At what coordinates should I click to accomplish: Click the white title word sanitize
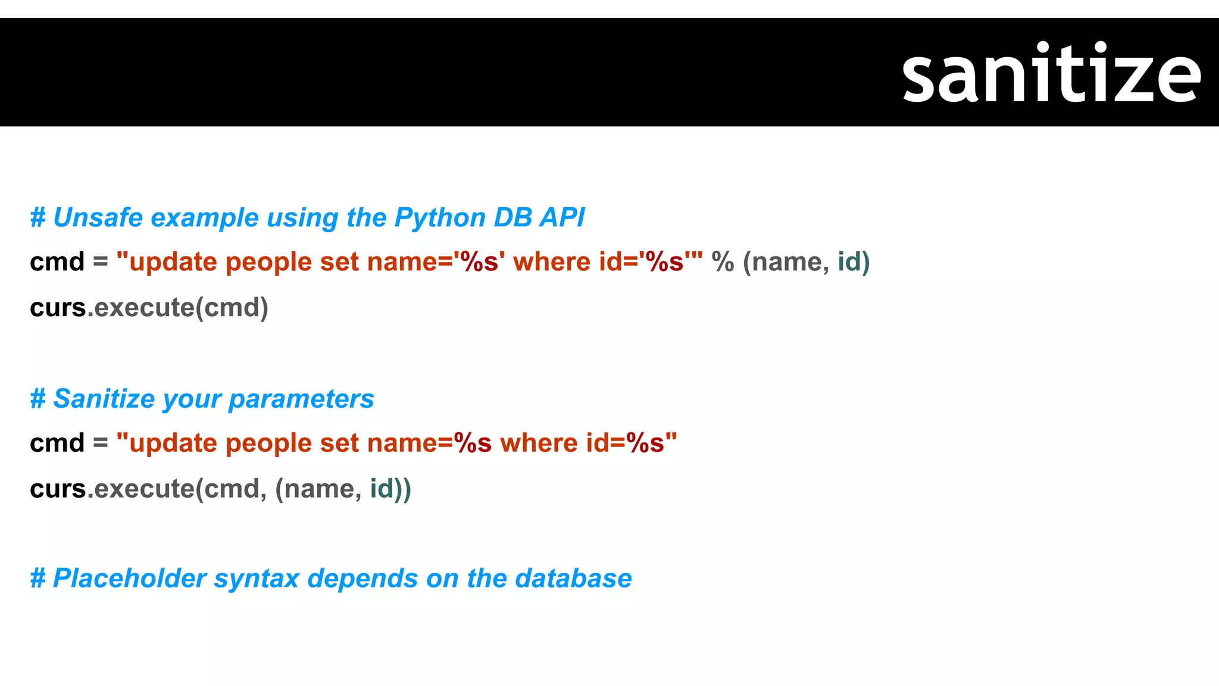pos(1051,74)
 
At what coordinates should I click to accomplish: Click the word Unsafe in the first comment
pos(98,218)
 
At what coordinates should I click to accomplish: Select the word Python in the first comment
pos(439,218)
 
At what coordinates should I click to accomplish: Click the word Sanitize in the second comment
pos(104,399)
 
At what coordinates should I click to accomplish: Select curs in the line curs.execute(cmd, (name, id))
pos(58,489)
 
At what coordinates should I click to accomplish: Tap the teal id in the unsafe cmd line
pos(849,262)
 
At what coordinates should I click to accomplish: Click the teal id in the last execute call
pos(382,489)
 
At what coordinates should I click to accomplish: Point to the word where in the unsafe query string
pos(551,262)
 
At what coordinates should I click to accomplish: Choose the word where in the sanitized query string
pos(539,443)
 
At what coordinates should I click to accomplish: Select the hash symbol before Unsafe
pos(37,218)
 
